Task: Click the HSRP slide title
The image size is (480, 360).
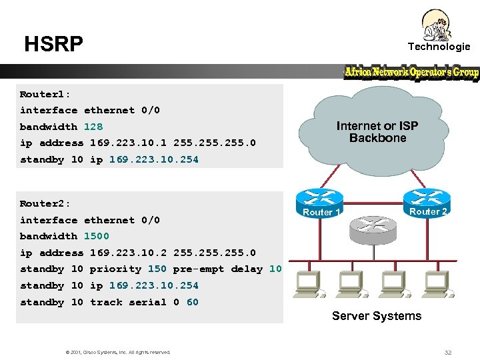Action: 53,44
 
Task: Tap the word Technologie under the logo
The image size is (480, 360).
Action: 439,46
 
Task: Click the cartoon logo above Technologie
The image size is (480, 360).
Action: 437,25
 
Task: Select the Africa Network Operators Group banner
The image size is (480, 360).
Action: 411,72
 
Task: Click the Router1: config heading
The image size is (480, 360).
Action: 45,94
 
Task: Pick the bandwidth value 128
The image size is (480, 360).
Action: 93,127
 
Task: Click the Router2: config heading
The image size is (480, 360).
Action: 45,203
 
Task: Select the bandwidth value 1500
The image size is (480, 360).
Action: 96,236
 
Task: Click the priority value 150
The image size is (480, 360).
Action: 157,269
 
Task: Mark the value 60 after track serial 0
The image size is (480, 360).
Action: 192,302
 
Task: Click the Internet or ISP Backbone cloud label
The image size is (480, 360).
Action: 377,132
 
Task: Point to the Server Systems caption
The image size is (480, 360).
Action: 377,316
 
